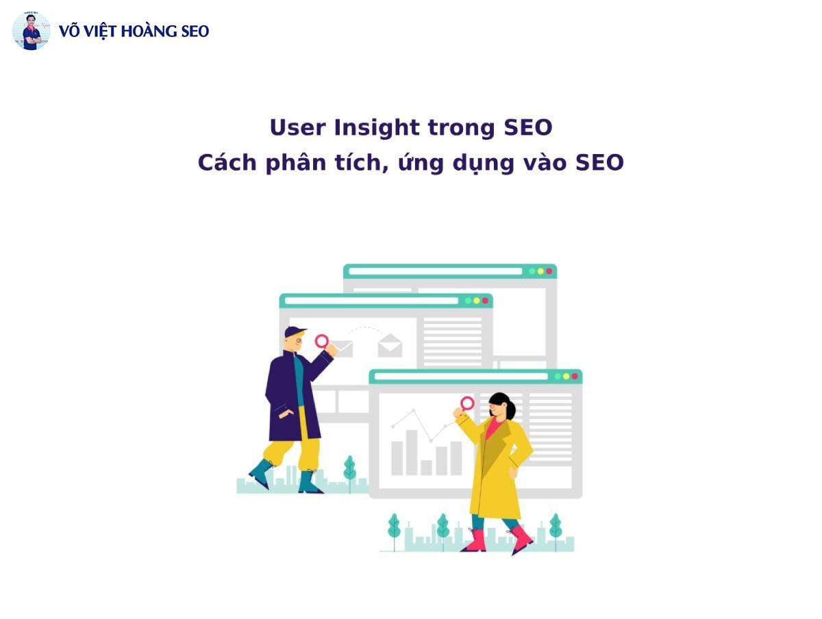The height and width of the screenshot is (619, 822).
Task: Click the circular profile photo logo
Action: (x=31, y=31)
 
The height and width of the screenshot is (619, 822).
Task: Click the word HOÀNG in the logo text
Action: (x=148, y=30)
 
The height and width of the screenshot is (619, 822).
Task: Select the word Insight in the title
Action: (x=376, y=128)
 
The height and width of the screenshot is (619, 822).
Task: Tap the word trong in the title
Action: (x=462, y=129)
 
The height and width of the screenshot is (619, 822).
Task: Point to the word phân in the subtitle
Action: (x=296, y=163)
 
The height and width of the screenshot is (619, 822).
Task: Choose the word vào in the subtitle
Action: (x=545, y=163)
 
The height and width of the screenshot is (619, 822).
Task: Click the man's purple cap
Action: (x=295, y=331)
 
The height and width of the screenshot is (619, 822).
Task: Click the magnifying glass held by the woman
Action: (x=466, y=404)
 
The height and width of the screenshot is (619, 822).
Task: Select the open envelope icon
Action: (x=390, y=345)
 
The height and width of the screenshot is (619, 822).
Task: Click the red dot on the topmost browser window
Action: (x=549, y=271)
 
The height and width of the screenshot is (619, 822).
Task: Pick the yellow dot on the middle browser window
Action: (x=476, y=301)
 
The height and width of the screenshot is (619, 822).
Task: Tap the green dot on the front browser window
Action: (x=558, y=377)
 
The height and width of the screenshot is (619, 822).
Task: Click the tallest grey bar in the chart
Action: (x=412, y=453)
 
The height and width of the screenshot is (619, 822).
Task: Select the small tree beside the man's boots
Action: (x=350, y=472)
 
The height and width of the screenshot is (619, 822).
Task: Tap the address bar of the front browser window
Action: (x=461, y=377)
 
